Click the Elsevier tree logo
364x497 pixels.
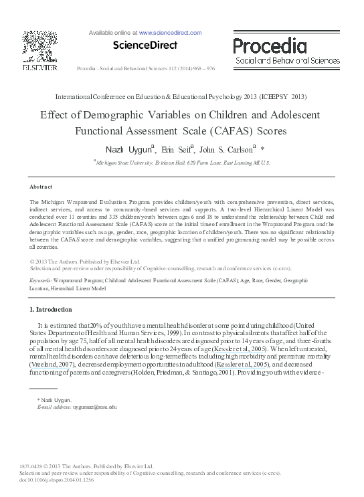35,46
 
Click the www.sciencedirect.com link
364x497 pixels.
170,32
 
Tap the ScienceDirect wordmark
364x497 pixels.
145,45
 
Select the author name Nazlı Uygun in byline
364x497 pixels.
128,149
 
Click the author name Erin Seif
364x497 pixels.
177,149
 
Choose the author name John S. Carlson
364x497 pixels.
228,149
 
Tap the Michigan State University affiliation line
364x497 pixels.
183,163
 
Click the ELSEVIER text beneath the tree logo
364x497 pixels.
35,67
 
